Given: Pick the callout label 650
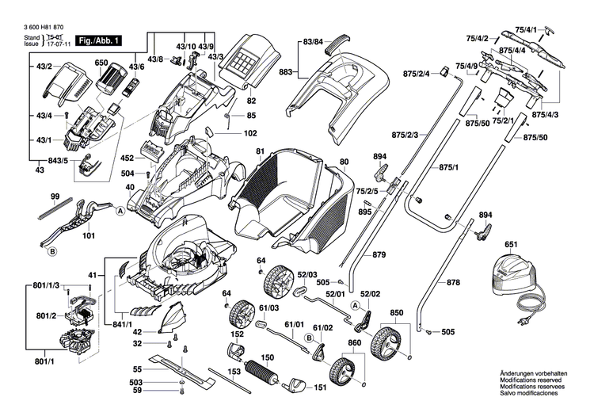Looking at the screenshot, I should click(x=101, y=63).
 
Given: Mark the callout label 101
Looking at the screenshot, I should click(x=88, y=236).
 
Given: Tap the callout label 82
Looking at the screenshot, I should click(x=251, y=101).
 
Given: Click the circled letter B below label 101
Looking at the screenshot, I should click(x=52, y=252).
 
